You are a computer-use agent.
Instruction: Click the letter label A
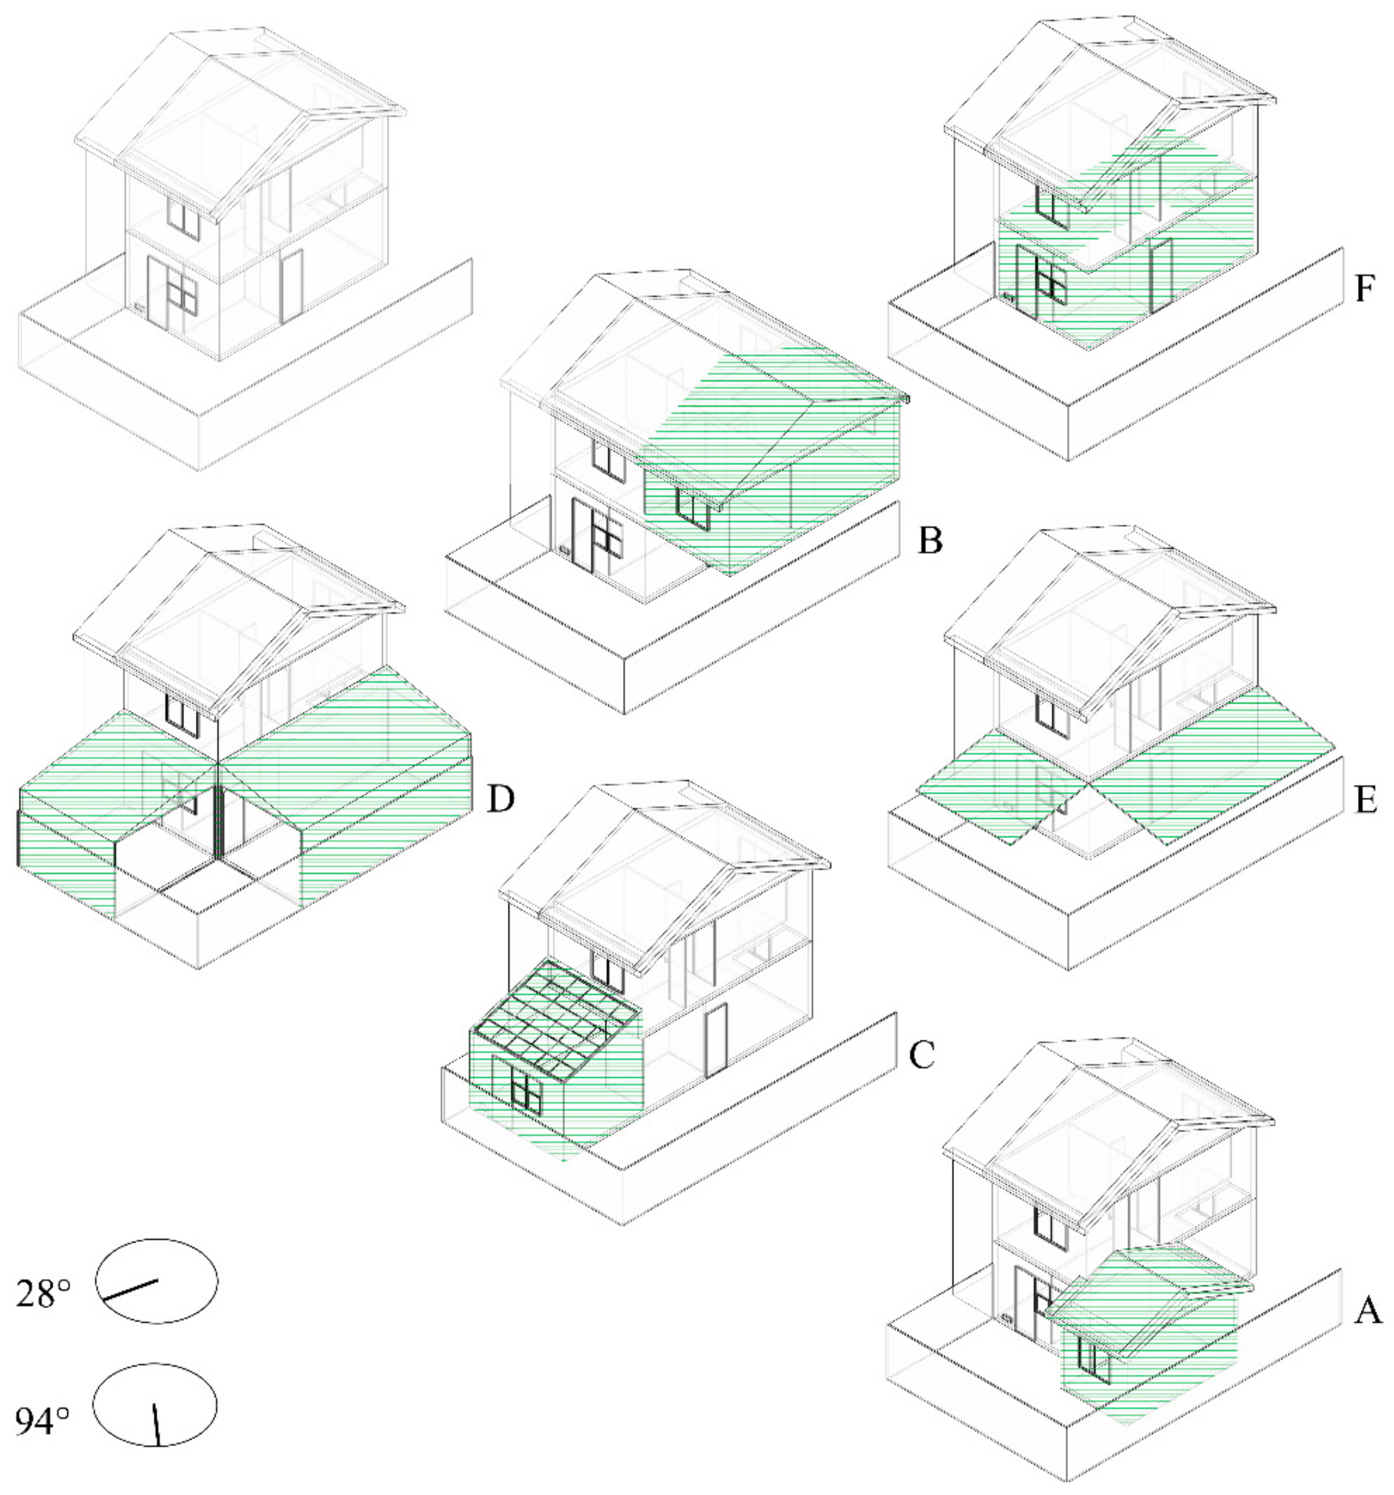(x=1368, y=1312)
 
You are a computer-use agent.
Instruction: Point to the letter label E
(x=1366, y=802)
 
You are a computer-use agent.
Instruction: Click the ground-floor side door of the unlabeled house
(x=291, y=286)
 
